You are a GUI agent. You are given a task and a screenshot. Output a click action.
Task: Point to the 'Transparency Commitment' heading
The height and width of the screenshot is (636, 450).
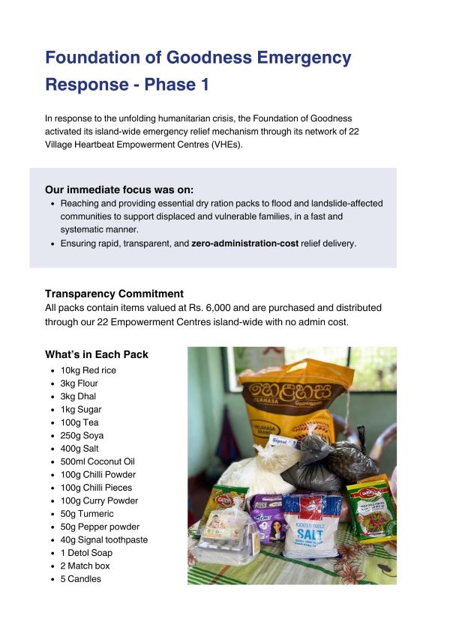pos(114,294)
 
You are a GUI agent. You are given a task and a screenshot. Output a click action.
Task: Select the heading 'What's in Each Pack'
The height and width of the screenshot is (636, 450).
pos(97,354)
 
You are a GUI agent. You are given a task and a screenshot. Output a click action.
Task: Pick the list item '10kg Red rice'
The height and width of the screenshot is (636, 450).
pos(88,370)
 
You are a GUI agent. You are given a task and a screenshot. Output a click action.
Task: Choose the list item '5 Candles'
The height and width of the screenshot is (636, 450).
pos(80,579)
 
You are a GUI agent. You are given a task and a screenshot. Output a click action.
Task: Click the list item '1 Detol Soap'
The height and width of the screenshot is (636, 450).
pos(85,553)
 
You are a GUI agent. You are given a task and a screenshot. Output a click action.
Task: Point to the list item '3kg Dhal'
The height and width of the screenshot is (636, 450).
pos(78,396)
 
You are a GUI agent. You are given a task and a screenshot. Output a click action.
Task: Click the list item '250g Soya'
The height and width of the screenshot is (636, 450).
pos(82,435)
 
